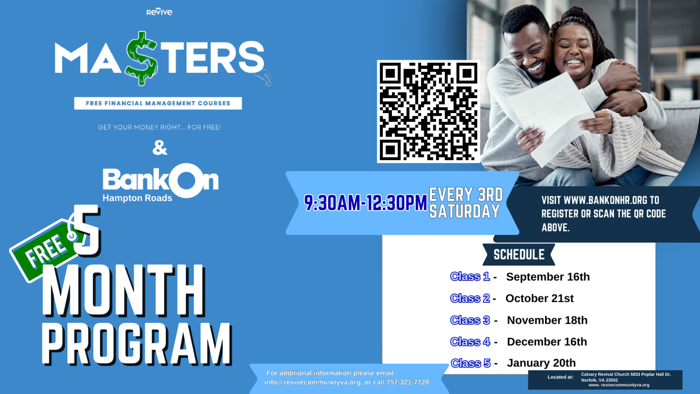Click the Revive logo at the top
pos(159,12)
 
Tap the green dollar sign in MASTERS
pos(142,58)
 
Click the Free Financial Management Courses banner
pos(158,103)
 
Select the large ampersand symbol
pos(160,148)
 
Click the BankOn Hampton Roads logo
pos(160,183)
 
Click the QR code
pos(428,111)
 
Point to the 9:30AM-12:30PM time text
pos(365,203)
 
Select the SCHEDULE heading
pos(519,254)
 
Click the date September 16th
pos(548,277)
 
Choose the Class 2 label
pos(470,298)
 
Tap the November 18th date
pos(547,320)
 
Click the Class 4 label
pos(470,342)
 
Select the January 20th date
pos(541,363)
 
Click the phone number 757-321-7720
pos(407,382)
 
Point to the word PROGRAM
pos(137,343)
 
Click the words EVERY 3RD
pos(466,195)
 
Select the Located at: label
pos(560,377)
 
